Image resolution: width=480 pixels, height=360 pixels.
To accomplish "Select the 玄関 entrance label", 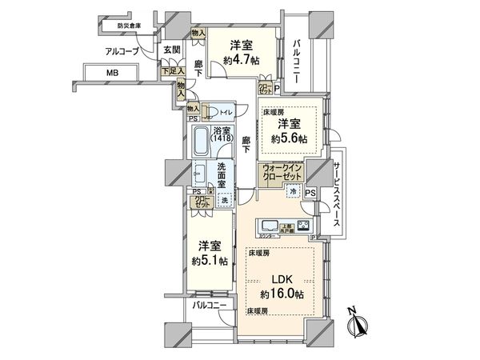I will click(x=171, y=50).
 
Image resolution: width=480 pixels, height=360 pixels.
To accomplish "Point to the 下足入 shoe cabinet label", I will click(x=169, y=72).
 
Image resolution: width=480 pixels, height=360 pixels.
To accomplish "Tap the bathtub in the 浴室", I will click(x=201, y=143).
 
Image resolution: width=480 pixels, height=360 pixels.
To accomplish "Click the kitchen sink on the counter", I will click(x=268, y=225).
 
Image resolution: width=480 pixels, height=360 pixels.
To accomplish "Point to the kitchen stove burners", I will click(x=303, y=225).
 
